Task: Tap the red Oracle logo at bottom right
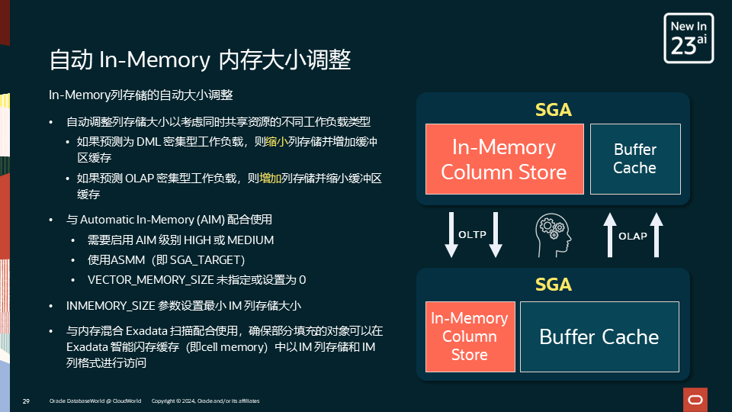coord(695,399)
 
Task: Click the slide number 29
coord(26,401)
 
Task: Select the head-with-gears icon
coord(553,234)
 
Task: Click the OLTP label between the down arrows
coord(473,234)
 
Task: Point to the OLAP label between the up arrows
coord(633,236)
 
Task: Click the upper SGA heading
coord(553,110)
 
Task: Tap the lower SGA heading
coord(553,285)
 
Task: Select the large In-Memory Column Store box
coord(504,159)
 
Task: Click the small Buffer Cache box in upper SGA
coord(634,159)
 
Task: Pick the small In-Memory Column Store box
coord(470,336)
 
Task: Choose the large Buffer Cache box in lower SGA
coord(599,336)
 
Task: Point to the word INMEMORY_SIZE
coord(110,306)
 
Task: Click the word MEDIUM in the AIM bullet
coord(250,240)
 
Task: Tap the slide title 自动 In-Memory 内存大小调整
coord(199,60)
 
